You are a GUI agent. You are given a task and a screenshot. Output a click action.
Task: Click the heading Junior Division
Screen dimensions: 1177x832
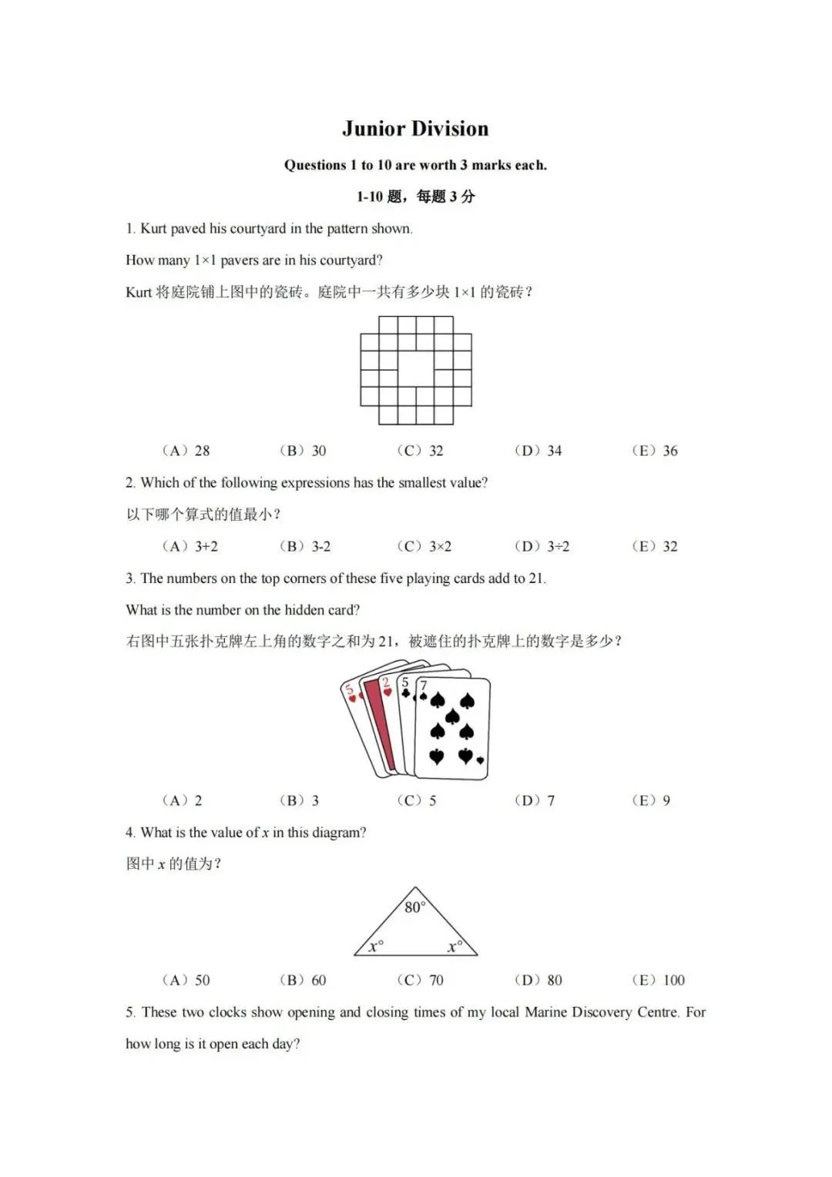coord(415,129)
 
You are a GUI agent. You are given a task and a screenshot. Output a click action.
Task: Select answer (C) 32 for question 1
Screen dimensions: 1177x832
coord(421,451)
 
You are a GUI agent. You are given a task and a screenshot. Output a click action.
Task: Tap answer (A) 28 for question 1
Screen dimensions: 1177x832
coord(186,451)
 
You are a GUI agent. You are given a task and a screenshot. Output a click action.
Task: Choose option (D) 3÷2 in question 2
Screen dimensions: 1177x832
coord(542,546)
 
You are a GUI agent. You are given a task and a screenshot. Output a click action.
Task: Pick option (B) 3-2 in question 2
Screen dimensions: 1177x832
coord(305,546)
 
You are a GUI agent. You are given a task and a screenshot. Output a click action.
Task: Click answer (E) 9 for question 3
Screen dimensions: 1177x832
coord(652,800)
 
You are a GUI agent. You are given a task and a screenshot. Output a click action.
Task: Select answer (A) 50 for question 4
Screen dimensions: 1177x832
coord(186,980)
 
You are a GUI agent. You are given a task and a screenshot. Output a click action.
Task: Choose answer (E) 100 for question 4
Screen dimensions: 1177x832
coord(659,980)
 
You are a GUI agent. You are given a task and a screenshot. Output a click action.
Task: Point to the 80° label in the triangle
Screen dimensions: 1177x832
coord(414,907)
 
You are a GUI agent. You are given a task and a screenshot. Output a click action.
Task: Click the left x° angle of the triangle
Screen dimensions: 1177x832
coord(376,946)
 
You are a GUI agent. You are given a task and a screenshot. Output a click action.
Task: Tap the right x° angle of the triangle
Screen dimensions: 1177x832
coord(455,946)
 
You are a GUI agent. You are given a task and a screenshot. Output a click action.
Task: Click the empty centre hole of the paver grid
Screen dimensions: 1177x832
coord(416,369)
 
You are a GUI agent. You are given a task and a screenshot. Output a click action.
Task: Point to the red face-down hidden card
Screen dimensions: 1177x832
coord(380,720)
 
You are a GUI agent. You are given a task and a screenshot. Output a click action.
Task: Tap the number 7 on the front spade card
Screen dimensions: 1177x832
coord(423,685)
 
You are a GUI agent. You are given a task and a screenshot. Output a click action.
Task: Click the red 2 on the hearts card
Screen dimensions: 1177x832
coord(386,682)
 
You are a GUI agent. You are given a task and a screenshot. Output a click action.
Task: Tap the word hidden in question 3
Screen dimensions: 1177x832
coord(306,610)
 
